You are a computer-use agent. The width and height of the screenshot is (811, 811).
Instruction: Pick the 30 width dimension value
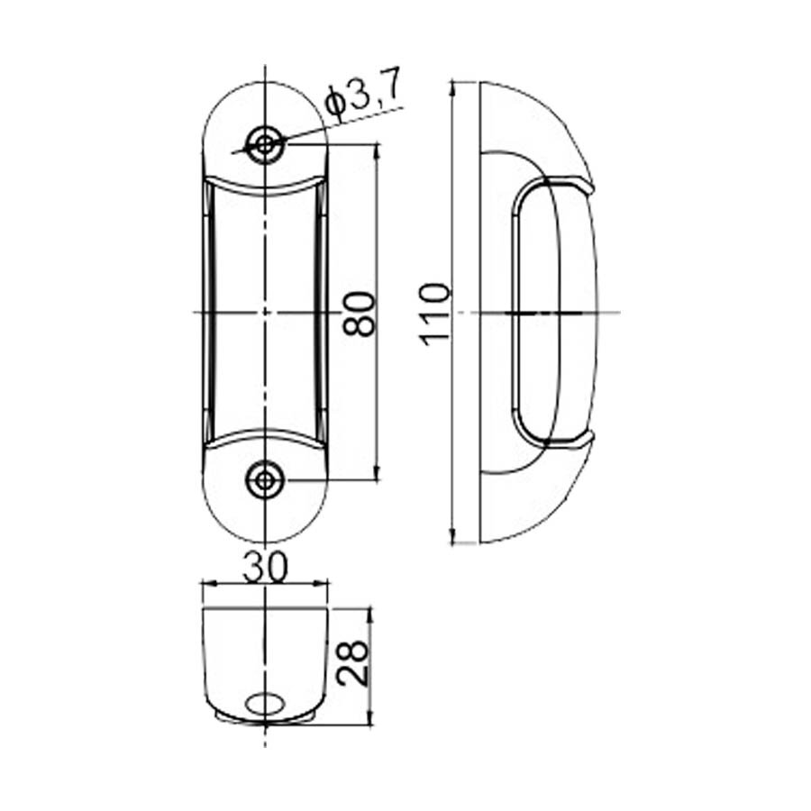(x=264, y=567)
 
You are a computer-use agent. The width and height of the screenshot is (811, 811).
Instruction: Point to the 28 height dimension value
(x=354, y=665)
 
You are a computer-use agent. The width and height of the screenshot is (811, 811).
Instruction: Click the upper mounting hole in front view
(x=264, y=143)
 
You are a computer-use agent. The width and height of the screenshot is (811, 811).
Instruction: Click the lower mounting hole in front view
(x=264, y=480)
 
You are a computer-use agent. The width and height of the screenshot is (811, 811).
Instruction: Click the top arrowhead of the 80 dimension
(x=376, y=150)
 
